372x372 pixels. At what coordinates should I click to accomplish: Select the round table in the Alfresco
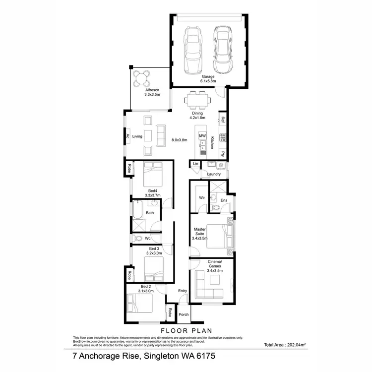coord(143,77)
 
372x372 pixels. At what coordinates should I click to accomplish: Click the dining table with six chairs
coord(197,101)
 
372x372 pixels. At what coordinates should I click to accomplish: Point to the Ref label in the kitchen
coord(223,120)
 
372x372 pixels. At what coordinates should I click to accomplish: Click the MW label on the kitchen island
coord(202,135)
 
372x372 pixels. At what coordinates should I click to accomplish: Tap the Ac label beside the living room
coord(127,136)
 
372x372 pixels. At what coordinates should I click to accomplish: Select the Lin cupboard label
coord(195,164)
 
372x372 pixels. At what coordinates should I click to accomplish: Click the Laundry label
coord(214,174)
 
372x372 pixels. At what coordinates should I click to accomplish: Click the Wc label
coord(148,239)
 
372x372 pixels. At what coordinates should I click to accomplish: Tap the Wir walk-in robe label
coord(202,197)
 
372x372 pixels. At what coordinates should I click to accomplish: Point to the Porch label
coord(184,314)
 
